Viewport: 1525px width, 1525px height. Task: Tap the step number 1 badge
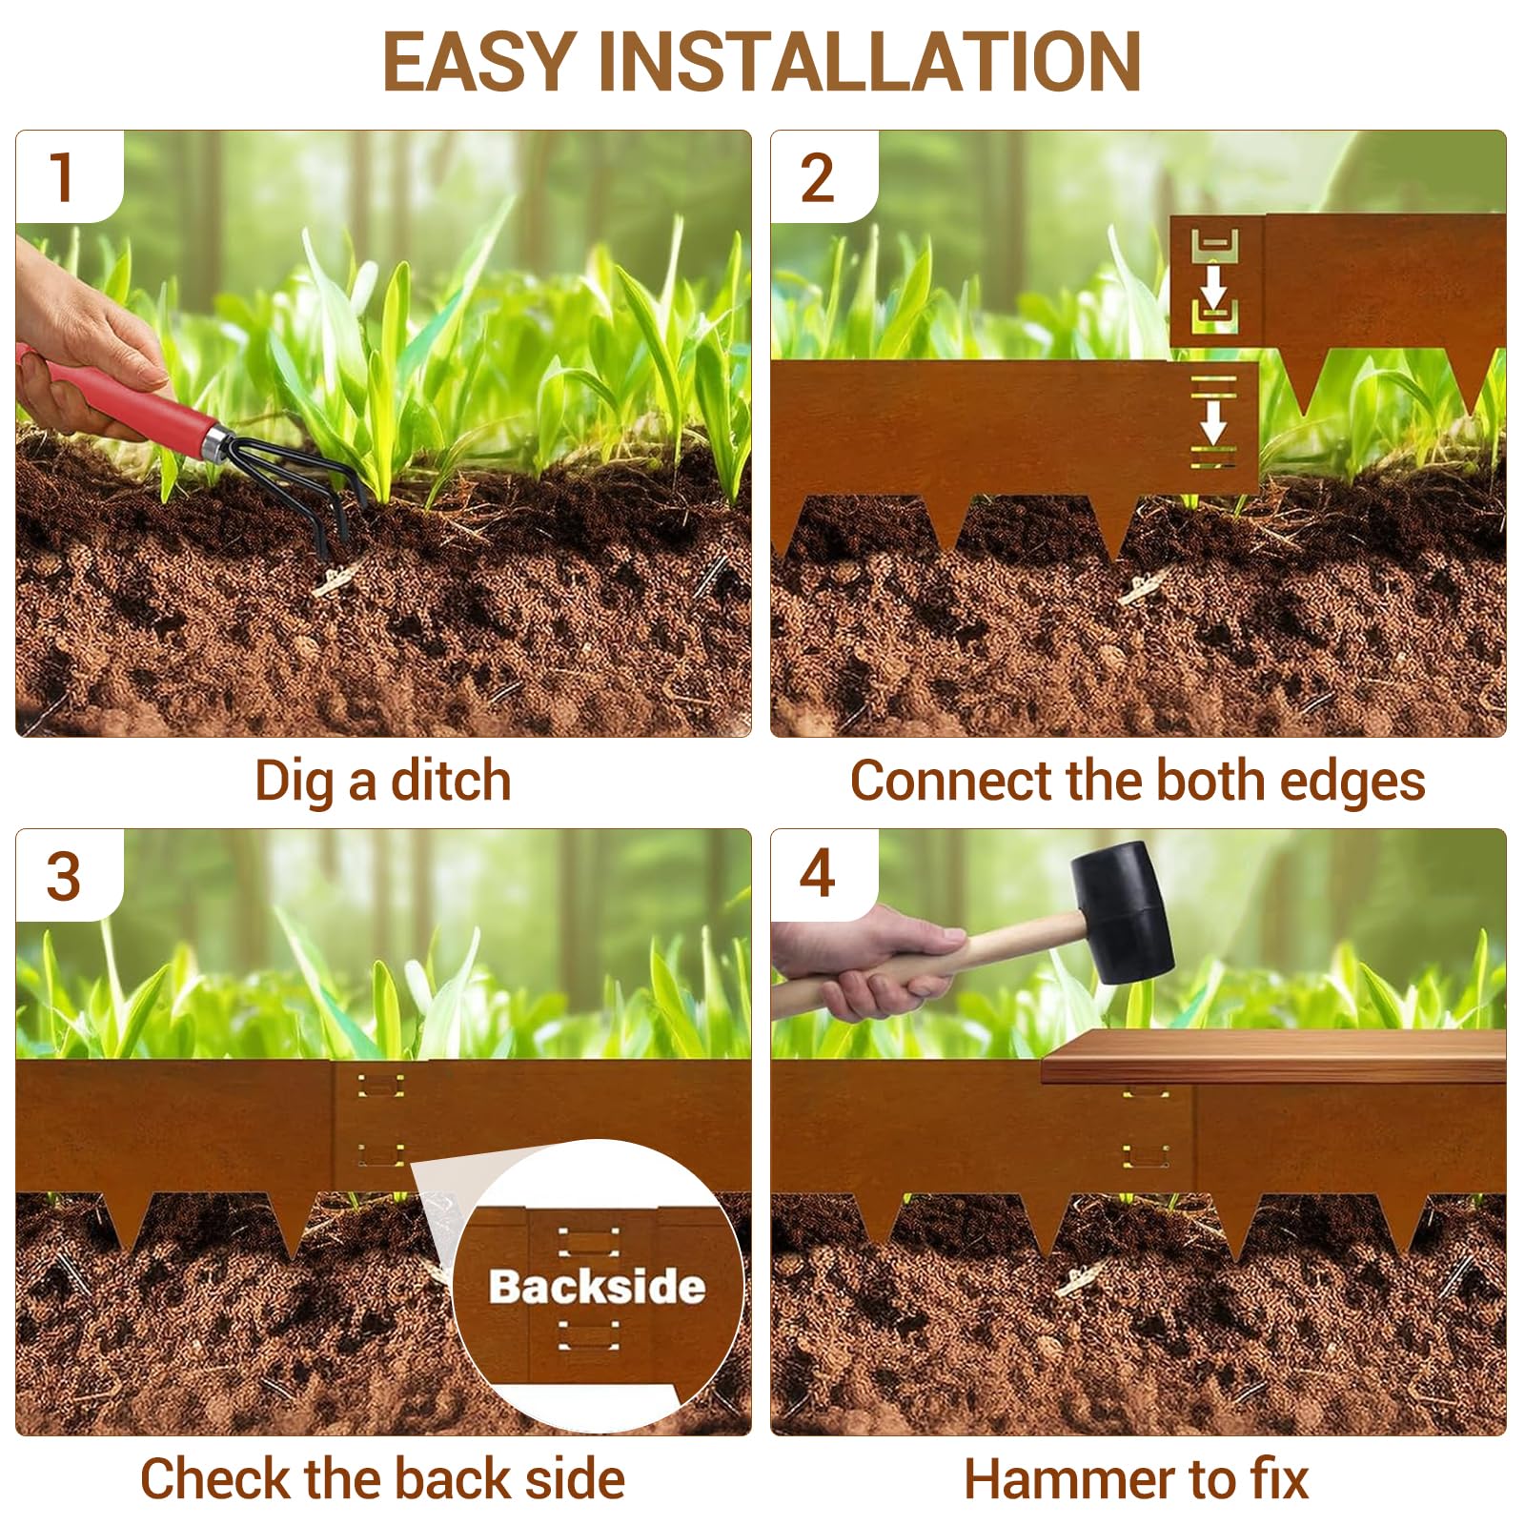coord(63,177)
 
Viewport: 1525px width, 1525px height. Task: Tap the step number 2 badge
coord(817,177)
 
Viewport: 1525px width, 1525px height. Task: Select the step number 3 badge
coord(63,876)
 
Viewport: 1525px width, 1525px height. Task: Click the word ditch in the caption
coord(451,781)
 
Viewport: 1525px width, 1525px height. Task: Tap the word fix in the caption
coord(1280,1478)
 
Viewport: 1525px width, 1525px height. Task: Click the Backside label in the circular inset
coord(597,1287)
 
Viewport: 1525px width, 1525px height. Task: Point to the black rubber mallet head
coord(1122,912)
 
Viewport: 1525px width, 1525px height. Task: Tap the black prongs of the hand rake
coord(307,492)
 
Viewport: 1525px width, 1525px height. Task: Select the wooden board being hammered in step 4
coord(1273,1056)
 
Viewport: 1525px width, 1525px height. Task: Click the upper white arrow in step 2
coord(1213,285)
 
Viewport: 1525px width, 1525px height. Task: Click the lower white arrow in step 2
coord(1213,420)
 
